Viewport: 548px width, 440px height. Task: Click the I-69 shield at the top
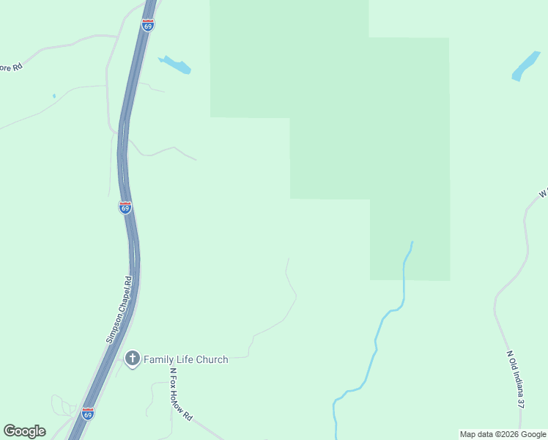(148, 26)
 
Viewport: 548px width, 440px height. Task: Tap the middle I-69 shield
(125, 208)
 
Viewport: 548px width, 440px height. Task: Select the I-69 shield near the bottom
(88, 414)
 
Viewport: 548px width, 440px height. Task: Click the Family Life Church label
(185, 359)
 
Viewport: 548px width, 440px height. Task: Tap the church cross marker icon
(132, 359)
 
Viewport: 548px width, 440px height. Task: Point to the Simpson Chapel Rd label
(118, 309)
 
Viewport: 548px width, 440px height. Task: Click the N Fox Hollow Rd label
(181, 393)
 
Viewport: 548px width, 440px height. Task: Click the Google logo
(24, 431)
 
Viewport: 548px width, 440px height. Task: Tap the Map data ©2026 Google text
(503, 434)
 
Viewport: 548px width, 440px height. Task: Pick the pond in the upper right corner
(525, 66)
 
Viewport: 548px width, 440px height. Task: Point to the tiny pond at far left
(53, 95)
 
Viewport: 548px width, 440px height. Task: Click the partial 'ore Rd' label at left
(11, 67)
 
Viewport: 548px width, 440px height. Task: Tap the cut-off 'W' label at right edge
(544, 193)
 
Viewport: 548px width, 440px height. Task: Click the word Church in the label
(212, 359)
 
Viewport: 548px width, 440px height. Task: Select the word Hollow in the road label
(181, 397)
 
